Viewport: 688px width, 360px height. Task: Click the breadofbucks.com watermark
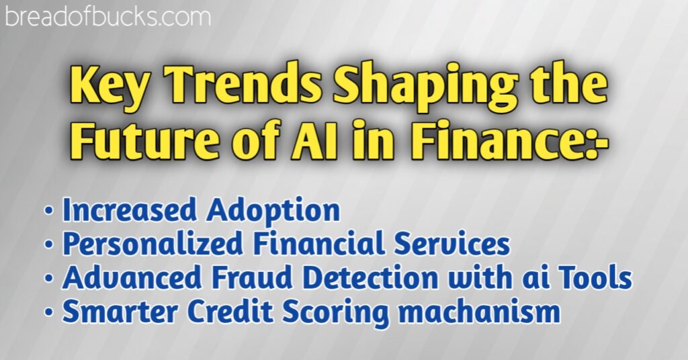(x=107, y=15)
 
